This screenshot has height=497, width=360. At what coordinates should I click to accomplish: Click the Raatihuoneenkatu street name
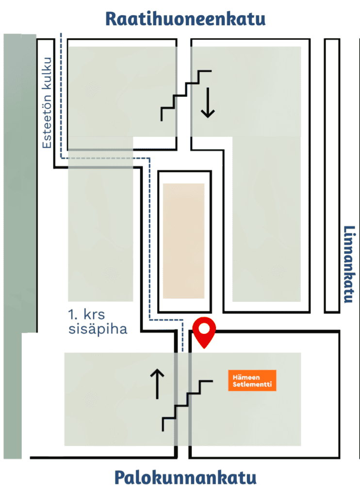[185, 19]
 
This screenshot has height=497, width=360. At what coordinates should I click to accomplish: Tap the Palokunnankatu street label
[185, 478]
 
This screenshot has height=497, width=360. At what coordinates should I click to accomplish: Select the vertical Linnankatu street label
[348, 264]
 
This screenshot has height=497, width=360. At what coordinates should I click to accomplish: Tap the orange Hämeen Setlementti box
[252, 381]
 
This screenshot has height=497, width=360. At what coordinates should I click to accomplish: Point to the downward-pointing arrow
[208, 102]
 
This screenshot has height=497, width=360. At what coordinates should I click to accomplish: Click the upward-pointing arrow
[157, 384]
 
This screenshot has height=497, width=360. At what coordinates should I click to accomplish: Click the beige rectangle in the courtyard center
[183, 241]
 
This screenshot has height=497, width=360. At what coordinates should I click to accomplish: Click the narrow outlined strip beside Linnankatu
[331, 175]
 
